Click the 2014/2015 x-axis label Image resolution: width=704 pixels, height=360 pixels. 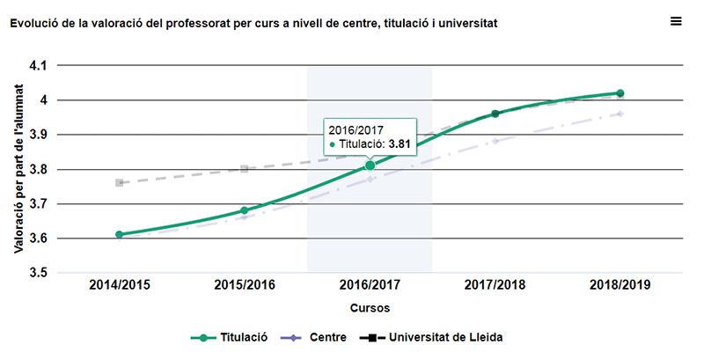[119, 286]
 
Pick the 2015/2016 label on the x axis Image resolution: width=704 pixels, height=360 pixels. [245, 286]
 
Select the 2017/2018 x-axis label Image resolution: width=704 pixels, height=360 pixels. [495, 286]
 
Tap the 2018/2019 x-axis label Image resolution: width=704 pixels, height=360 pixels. [620, 286]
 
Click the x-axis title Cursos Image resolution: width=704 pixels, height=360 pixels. [370, 308]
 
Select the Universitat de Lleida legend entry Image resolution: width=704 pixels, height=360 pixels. [436, 337]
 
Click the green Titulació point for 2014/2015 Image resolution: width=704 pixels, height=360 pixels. [119, 235]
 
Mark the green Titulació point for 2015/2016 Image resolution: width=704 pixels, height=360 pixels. [245, 210]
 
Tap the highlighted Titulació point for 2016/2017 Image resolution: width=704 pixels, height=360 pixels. [370, 165]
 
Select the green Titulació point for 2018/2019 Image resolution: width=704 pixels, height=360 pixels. [620, 93]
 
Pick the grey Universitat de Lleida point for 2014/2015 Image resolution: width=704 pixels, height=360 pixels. [119, 183]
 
